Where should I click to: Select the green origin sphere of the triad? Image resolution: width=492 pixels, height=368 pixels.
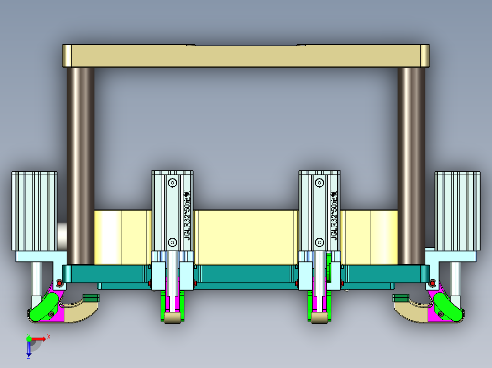(x=29, y=338)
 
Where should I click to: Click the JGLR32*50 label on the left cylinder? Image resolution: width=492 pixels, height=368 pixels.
(x=186, y=215)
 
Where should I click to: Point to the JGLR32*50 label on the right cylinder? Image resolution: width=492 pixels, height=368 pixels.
(x=334, y=215)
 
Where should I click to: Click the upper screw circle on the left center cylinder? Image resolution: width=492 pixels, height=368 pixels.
(x=172, y=183)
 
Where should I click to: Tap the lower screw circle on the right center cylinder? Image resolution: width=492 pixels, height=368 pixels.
(x=319, y=242)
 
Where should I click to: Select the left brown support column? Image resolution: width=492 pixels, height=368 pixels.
(x=81, y=164)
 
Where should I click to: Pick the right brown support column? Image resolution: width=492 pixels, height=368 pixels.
(x=411, y=164)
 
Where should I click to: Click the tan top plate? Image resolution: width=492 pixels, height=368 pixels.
(x=246, y=56)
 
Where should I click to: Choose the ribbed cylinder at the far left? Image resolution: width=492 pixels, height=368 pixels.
(x=34, y=210)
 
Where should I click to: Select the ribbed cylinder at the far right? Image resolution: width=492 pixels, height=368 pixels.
(x=457, y=210)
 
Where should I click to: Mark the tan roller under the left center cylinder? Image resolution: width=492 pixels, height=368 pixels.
(x=172, y=317)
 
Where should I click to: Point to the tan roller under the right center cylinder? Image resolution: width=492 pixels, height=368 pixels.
(x=319, y=317)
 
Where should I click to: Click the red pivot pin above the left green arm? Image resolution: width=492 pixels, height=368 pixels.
(x=59, y=283)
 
